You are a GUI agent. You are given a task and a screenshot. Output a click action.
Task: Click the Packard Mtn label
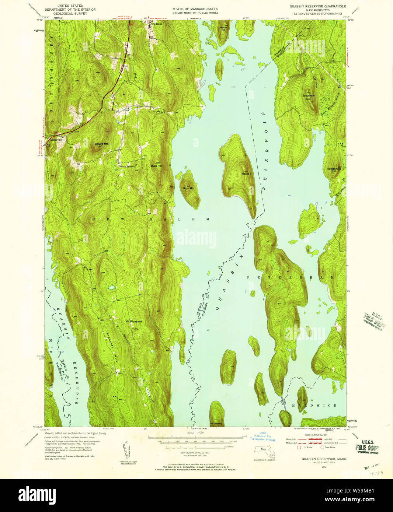pos(101,144)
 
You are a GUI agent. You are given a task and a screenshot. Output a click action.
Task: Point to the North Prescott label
pos(127,166)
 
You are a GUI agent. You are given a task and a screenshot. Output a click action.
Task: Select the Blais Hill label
pos(156,166)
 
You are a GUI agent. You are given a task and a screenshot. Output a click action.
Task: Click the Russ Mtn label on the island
pos(189,188)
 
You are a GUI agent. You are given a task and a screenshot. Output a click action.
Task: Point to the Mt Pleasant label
pos(134,322)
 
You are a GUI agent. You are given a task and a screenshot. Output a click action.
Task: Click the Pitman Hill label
pos(223,29)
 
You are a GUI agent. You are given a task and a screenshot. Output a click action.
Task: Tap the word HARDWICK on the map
pos(314,405)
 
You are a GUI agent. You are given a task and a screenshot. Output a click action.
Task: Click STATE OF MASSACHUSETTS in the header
pos(195,8)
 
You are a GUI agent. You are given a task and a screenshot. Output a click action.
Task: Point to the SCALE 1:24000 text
pos(195,433)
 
